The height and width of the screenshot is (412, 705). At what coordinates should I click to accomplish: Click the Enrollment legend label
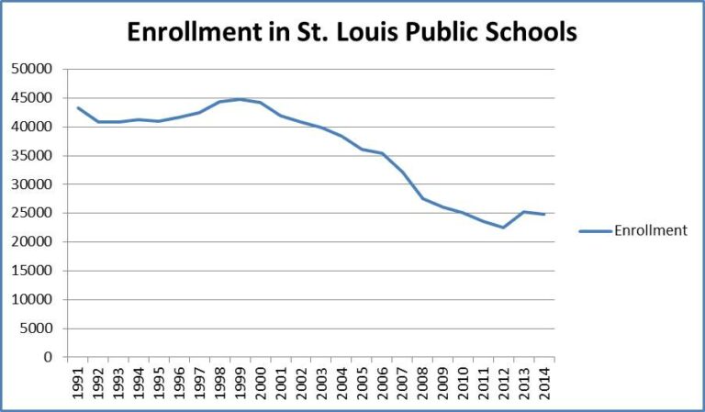pyautogui.click(x=651, y=231)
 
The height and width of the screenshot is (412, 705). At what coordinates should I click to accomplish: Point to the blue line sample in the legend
pyautogui.click(x=596, y=231)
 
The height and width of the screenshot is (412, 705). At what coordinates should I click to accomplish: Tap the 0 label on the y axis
pyautogui.click(x=51, y=357)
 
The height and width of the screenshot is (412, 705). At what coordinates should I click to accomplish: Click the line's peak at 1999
pyautogui.click(x=241, y=99)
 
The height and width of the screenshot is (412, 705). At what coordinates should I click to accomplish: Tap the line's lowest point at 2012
pyautogui.click(x=503, y=228)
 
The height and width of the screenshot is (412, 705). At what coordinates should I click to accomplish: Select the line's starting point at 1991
pyautogui.click(x=78, y=107)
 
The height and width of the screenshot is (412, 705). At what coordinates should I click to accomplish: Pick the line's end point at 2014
pyautogui.click(x=544, y=215)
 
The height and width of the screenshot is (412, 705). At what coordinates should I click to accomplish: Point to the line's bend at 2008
pyautogui.click(x=423, y=198)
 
